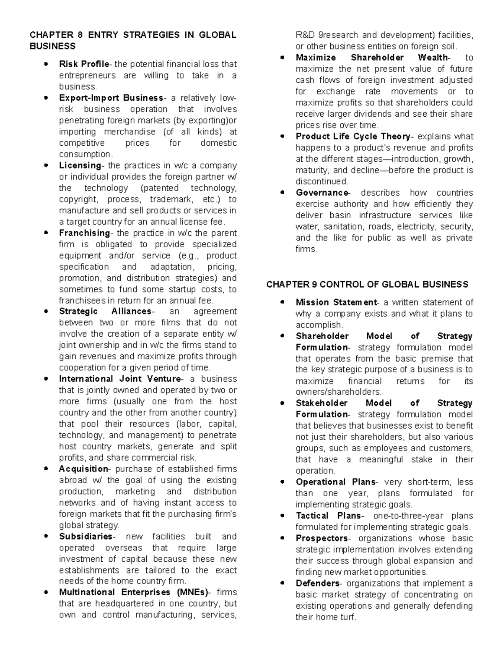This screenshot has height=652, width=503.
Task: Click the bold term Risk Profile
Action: (84, 64)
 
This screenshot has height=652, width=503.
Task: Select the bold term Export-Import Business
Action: (111, 98)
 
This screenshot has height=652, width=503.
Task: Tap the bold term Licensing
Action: (80, 165)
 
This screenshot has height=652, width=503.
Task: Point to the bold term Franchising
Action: (84, 233)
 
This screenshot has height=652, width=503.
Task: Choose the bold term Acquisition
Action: (83, 469)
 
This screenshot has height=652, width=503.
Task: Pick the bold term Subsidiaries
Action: (86, 537)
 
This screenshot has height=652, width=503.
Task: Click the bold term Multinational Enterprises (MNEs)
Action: (133, 592)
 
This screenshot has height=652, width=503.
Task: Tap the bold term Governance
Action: (322, 193)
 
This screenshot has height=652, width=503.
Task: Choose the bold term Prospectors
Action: (322, 538)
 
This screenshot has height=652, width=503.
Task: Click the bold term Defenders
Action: (317, 583)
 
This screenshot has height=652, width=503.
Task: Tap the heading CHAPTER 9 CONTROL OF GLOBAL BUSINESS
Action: (367, 285)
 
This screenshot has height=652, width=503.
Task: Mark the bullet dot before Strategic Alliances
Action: (46, 312)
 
